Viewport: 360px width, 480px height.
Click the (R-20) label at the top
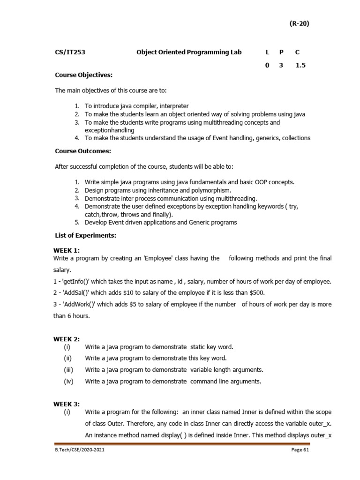[x=298, y=24]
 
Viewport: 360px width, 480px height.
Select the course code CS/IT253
[x=70, y=52]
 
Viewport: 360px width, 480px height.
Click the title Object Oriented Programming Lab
[x=189, y=52]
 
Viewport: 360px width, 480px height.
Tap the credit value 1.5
[x=300, y=66]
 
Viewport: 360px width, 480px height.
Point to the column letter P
[x=281, y=52]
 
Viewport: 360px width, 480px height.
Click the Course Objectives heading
[x=84, y=75]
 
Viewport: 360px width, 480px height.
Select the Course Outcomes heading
[x=83, y=151]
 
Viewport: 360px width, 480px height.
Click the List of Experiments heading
[x=85, y=235]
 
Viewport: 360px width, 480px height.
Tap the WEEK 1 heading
[x=66, y=250]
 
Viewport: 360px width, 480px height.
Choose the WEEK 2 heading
[x=66, y=338]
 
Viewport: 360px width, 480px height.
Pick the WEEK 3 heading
[x=66, y=404]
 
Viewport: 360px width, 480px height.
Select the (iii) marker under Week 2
[x=69, y=370]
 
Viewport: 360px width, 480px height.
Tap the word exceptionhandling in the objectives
[x=109, y=130]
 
